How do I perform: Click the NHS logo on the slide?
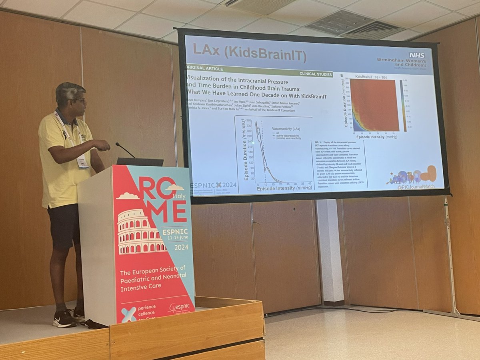pyautogui.click(x=417, y=55)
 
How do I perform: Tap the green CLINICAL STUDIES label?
pyautogui.click(x=316, y=74)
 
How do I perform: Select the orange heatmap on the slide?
pyautogui.click(x=374, y=105)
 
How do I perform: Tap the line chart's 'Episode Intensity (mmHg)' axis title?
pyautogui.click(x=285, y=188)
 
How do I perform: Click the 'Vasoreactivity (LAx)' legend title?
pyautogui.click(x=286, y=129)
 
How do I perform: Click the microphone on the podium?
pyautogui.click(x=125, y=150)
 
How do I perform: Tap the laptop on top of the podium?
pyautogui.click(x=140, y=162)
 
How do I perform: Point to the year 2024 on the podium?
pyautogui.click(x=181, y=247)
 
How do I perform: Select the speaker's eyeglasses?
pyautogui.click(x=80, y=101)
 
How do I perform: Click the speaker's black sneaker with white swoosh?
pyautogui.click(x=64, y=319)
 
